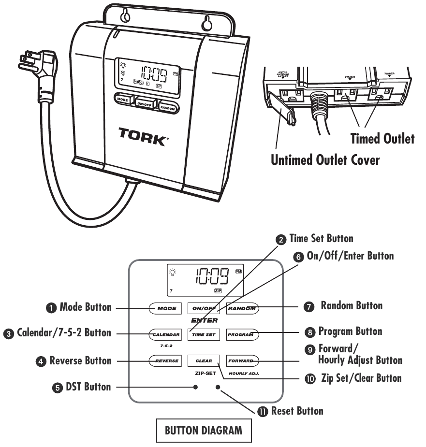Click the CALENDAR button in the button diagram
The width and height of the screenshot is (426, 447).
click(164, 334)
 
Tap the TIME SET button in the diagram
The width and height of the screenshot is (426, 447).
click(203, 334)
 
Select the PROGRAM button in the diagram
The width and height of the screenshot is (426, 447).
click(244, 334)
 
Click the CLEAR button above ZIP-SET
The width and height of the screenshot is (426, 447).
click(204, 360)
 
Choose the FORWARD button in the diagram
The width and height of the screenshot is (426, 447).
click(244, 360)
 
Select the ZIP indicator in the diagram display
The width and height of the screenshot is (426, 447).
click(218, 291)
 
